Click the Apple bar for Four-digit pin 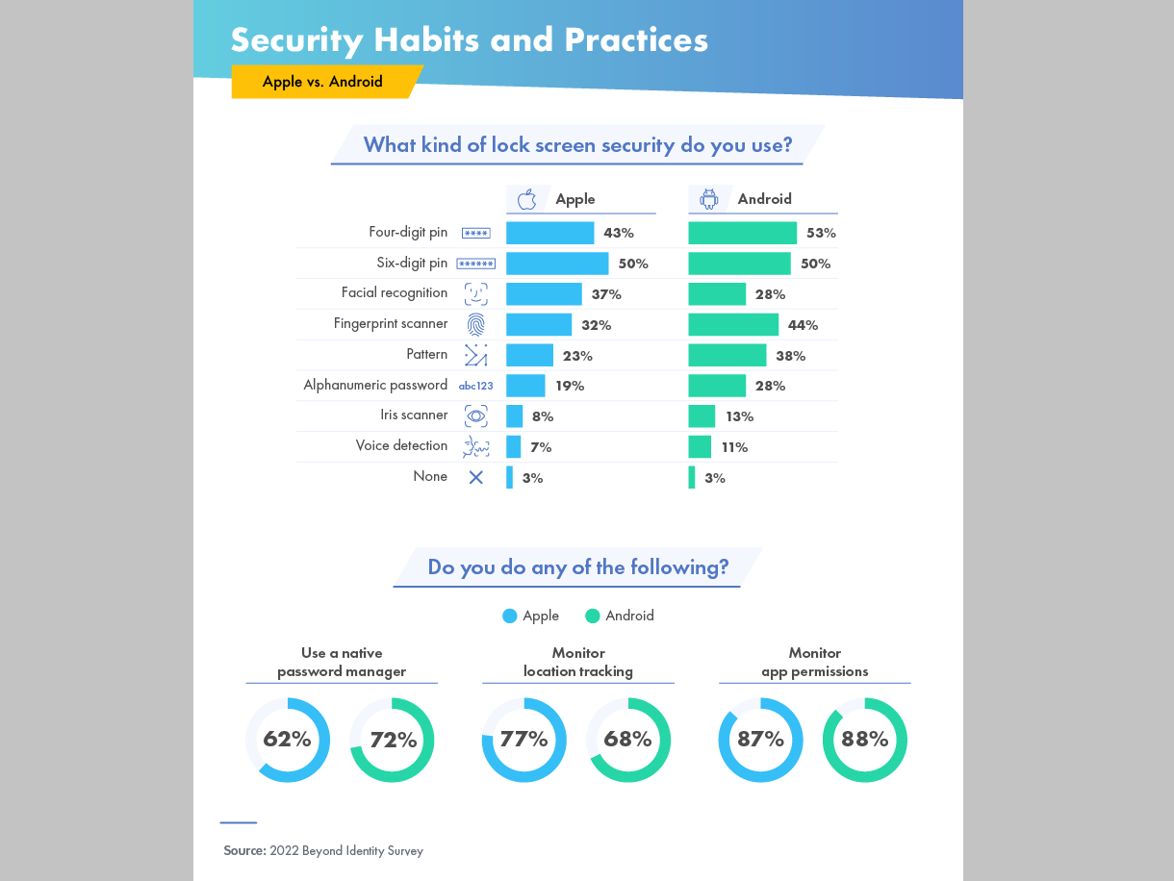[x=549, y=233]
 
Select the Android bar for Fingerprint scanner [x=733, y=325]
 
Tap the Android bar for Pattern [x=727, y=356]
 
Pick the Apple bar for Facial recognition [x=544, y=294]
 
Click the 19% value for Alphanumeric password [x=570, y=386]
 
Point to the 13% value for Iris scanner [x=740, y=416]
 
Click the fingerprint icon [x=475, y=324]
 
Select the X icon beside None [x=475, y=477]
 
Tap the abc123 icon [x=475, y=386]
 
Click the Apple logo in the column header [x=526, y=199]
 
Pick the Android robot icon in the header [x=709, y=199]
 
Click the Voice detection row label [x=401, y=445]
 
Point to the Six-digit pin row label [x=412, y=263]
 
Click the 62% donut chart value [x=287, y=740]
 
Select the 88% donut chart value [x=864, y=740]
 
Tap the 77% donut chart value [x=523, y=740]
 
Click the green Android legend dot [x=593, y=616]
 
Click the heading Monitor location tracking [x=577, y=662]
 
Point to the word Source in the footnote [x=244, y=850]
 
